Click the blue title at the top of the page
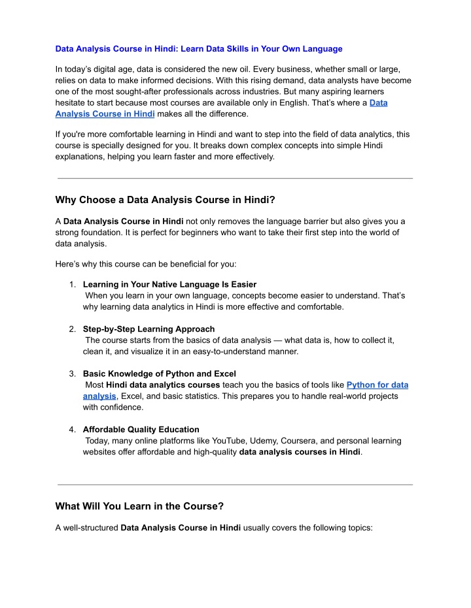[x=198, y=48]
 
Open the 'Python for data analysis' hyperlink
[x=377, y=385]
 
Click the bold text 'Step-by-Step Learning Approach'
[x=148, y=329]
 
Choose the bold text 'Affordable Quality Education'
[x=141, y=430]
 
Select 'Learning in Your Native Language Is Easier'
[x=169, y=285]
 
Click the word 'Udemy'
[x=277, y=441]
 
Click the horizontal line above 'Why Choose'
[x=235, y=178]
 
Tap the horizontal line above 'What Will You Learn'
[x=235, y=485]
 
